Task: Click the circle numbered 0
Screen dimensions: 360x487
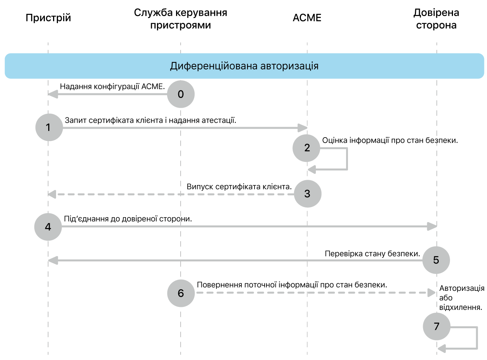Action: tap(181, 94)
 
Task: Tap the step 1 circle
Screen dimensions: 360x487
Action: tap(49, 127)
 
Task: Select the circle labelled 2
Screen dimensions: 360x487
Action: tap(306, 148)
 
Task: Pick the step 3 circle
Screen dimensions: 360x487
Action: tap(308, 194)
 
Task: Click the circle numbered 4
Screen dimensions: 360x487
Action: tap(48, 227)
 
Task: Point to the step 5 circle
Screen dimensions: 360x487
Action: tap(436, 260)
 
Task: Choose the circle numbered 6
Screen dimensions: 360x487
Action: tap(181, 293)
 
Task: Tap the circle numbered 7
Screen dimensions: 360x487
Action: tap(436, 326)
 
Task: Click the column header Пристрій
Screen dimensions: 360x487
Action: tap(48, 18)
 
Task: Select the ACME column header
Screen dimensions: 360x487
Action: tap(307, 18)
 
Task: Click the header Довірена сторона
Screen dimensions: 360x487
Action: tap(436, 19)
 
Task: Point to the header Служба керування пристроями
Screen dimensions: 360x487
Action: tap(181, 19)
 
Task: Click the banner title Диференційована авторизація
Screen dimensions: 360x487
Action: tap(244, 66)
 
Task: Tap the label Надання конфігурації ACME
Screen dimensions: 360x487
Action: tap(112, 87)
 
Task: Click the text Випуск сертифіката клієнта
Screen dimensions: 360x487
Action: tap(239, 187)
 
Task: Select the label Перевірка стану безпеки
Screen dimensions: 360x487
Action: tap(372, 254)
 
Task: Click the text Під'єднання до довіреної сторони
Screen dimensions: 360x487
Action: tap(128, 219)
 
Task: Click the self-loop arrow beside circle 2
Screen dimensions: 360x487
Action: tap(346, 159)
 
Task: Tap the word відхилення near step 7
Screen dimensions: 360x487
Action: tap(460, 308)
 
